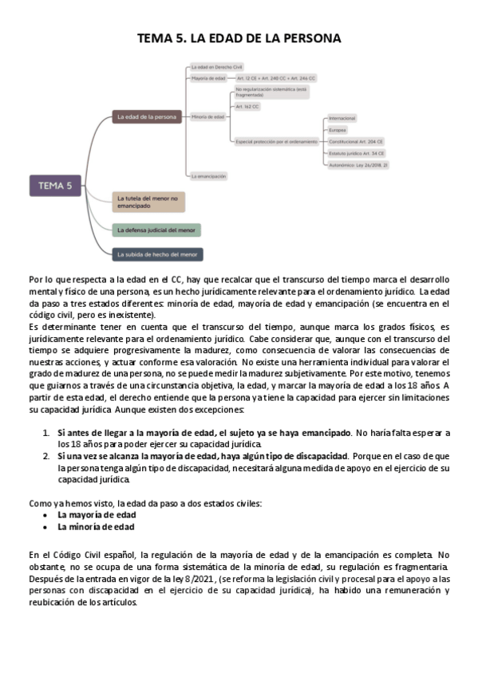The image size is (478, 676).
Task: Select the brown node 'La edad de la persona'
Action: coord(147,117)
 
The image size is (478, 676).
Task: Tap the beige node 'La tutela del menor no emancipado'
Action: coord(148,201)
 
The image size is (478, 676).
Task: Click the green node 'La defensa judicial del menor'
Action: coord(156,230)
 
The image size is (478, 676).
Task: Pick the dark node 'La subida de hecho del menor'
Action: coord(156,254)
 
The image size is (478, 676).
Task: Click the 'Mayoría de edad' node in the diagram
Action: coord(208,79)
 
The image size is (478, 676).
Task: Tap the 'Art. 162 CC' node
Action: coord(247,106)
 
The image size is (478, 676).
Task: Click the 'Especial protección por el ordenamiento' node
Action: coord(276,141)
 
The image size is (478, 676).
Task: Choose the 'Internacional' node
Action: coord(342,118)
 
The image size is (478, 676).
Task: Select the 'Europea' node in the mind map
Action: coord(338,129)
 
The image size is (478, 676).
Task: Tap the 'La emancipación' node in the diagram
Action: coord(208,175)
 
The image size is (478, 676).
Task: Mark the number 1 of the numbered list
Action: coord(46,433)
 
